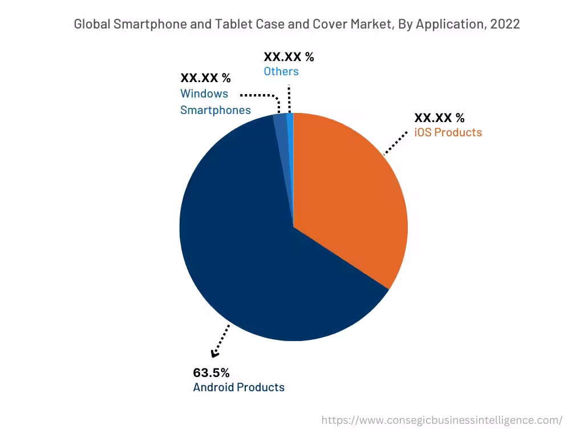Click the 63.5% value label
211,373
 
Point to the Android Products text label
238,387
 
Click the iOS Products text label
448,132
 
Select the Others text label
281,71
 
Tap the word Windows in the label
204,94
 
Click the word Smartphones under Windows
216,110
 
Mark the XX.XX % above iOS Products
439,118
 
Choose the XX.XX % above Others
289,56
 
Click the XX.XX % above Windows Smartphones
205,79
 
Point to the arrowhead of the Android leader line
215,354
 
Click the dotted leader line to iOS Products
396,143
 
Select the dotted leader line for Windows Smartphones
259,95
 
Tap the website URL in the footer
441,420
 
